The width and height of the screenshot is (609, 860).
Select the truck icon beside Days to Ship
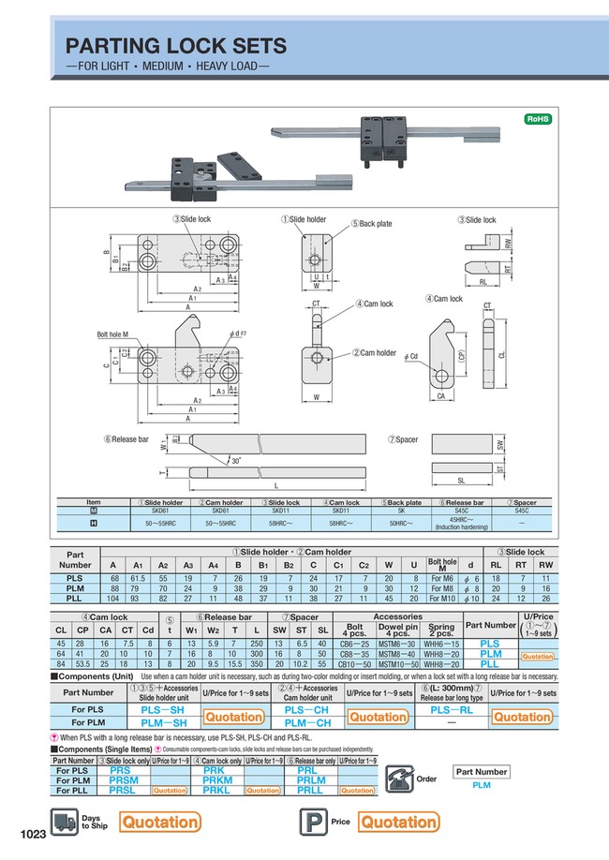[x=64, y=821]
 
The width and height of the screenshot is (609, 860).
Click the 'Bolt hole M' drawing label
[x=113, y=334]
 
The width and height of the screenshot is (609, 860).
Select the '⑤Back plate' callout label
[x=372, y=224]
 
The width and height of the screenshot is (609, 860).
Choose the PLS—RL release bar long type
[x=452, y=711]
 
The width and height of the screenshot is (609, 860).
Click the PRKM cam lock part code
[x=217, y=778]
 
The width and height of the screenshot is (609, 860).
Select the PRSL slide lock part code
[x=123, y=791]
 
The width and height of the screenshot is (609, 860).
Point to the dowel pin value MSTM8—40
[x=395, y=653]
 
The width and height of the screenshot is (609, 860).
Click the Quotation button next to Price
[x=399, y=822]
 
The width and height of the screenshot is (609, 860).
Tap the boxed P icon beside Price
[x=309, y=822]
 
